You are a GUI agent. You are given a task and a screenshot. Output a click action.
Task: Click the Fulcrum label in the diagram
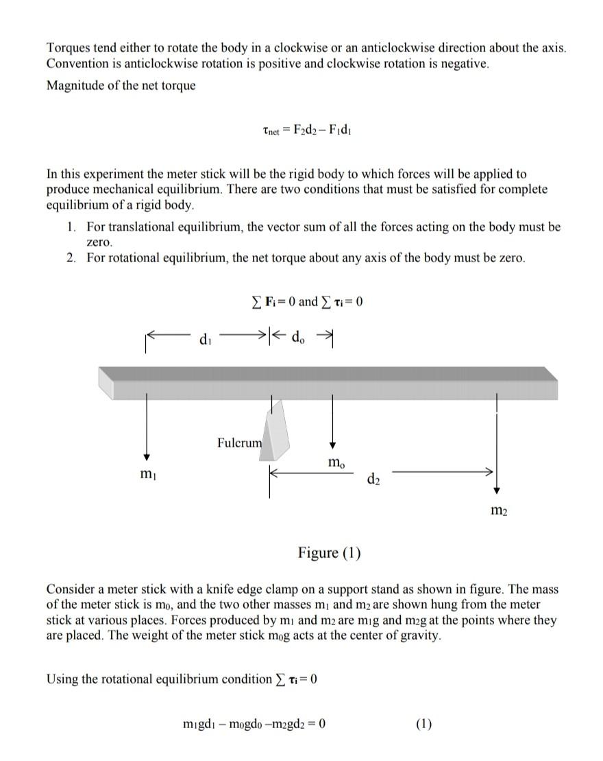[239, 443]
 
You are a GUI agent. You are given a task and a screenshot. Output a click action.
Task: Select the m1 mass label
[145, 475]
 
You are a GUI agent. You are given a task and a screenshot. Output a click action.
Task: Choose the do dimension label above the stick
[299, 337]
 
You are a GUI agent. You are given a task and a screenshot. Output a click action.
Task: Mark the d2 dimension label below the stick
[373, 478]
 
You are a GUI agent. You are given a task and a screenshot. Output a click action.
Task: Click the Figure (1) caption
[330, 553]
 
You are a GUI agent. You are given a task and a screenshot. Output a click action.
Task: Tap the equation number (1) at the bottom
[424, 724]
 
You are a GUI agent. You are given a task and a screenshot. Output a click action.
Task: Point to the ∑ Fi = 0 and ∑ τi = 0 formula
[306, 301]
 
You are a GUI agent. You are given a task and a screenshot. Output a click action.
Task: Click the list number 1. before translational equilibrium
[72, 227]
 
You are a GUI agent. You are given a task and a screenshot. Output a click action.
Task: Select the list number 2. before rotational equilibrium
[72, 258]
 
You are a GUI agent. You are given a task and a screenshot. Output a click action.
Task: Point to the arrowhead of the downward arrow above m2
[497, 490]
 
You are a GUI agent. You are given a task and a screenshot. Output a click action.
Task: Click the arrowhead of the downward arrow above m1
[146, 458]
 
